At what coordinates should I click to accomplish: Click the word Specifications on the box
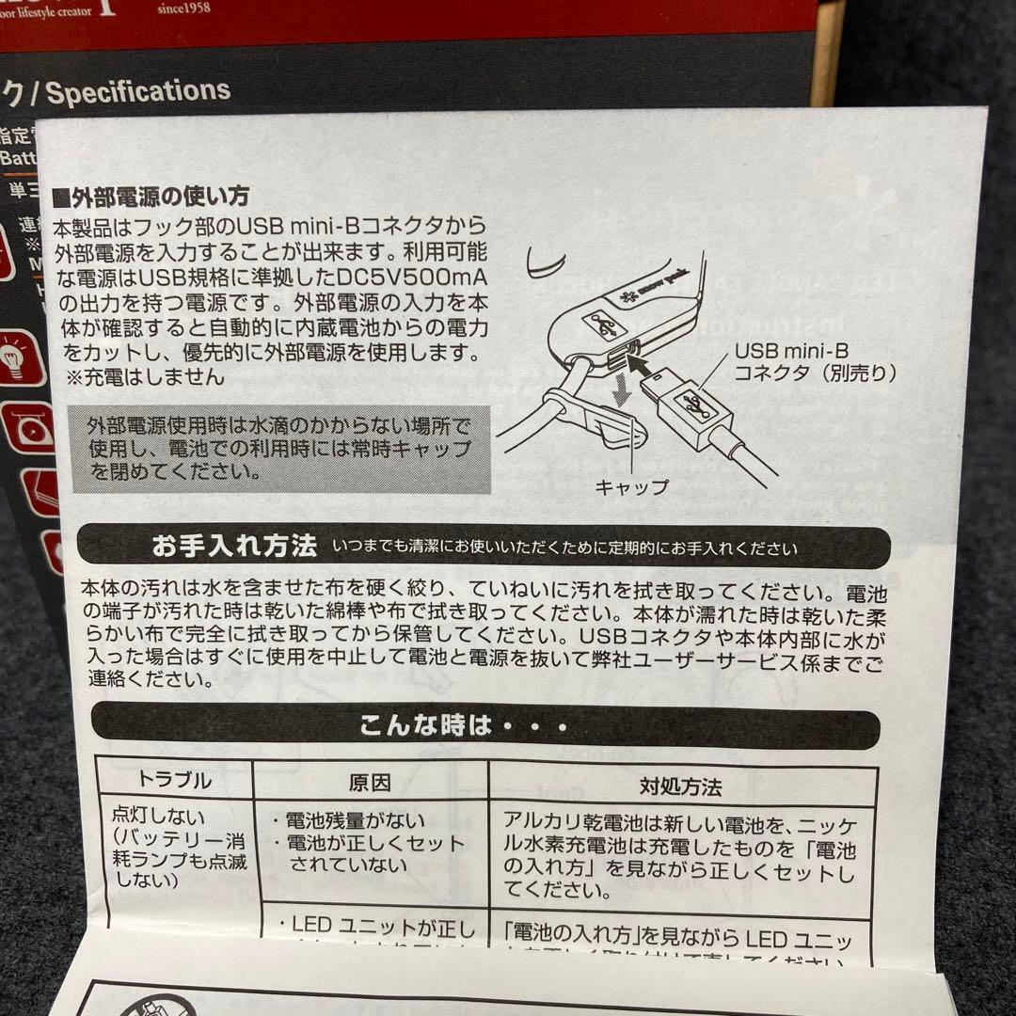click(138, 91)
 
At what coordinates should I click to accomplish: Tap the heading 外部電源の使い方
click(151, 198)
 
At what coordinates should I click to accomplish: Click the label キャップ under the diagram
click(631, 486)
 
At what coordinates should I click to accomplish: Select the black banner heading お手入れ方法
click(233, 547)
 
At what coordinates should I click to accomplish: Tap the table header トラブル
click(175, 781)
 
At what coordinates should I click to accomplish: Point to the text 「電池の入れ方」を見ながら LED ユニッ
click(677, 939)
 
